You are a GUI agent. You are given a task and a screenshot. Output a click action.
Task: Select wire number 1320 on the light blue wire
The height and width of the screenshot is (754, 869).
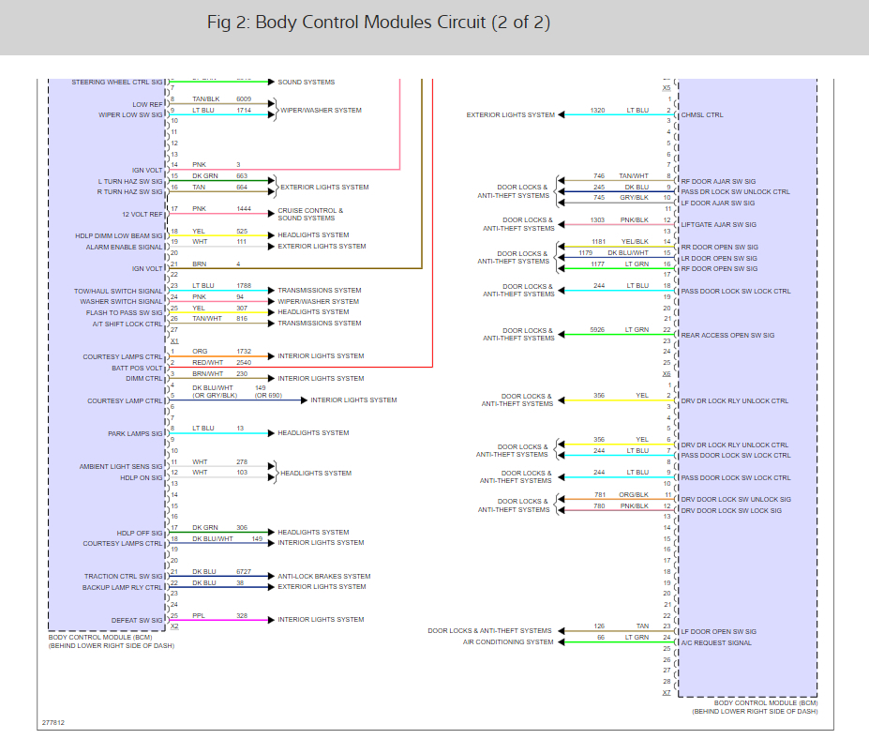[597, 111]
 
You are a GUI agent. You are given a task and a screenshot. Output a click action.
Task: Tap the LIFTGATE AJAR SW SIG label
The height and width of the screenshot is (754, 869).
[717, 225]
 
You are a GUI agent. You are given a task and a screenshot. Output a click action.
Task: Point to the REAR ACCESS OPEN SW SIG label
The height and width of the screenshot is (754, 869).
[727, 335]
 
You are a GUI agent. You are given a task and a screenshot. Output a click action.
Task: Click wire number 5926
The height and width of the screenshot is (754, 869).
[597, 330]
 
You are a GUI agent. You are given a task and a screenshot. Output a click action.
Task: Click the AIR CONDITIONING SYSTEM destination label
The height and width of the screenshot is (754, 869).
[508, 642]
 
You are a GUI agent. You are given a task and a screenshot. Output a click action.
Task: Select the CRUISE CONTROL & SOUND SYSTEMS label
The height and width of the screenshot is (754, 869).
[310, 215]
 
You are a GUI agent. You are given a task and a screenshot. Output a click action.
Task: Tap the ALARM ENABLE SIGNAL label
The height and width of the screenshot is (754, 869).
[126, 247]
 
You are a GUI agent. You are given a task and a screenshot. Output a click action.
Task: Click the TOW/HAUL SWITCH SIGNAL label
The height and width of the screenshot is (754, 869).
[118, 291]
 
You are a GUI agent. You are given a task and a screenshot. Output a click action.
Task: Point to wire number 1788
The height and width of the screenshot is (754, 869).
[244, 286]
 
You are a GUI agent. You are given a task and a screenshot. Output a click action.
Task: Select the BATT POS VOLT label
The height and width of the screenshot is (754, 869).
[137, 368]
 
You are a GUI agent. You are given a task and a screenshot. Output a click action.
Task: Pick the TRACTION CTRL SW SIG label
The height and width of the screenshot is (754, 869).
[123, 577]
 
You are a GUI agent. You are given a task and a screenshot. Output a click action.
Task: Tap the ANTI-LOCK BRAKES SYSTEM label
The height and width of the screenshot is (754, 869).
[323, 576]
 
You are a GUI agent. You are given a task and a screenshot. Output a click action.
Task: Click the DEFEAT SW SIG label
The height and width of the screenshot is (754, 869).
[138, 620]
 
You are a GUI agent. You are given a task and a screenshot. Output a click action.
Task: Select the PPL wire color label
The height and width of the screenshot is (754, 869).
[199, 615]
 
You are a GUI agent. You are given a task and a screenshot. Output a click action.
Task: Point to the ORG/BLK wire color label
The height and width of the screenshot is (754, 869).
[634, 494]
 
